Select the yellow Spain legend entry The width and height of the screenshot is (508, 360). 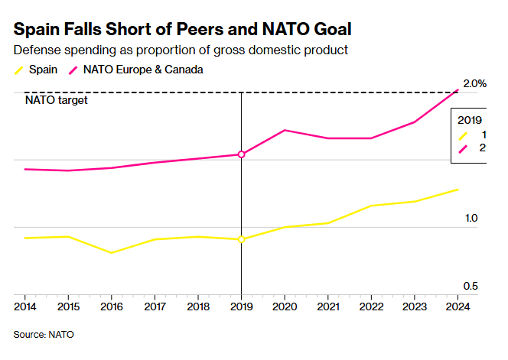pos(35,70)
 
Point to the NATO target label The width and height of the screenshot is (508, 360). pos(56,100)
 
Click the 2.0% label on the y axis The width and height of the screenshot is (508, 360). pos(474,83)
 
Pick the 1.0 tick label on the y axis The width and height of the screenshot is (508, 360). pos(471,219)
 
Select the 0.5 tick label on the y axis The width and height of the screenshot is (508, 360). pos(471,286)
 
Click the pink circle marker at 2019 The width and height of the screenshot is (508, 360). pos(242,154)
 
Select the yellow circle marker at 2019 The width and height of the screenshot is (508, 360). pos(242,239)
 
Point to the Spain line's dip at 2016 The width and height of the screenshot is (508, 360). pos(112,252)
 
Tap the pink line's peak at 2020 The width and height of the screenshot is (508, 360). pos(285,130)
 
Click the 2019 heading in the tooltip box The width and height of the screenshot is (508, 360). pos(470,120)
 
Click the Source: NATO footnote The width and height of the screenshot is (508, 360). pos(44,334)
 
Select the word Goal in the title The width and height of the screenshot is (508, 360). pos(329,30)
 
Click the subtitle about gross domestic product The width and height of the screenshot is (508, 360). pos(181,50)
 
